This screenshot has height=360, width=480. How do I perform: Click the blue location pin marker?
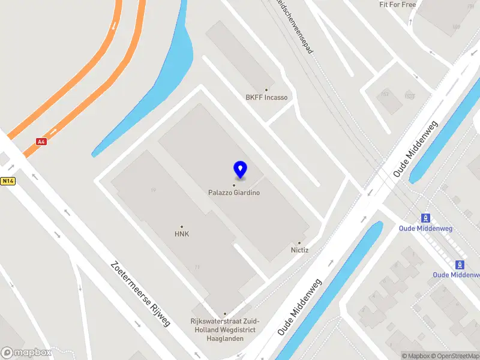coord(240,170)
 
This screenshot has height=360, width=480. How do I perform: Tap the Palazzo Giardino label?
coord(234,193)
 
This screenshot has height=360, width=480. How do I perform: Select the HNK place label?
coord(182,234)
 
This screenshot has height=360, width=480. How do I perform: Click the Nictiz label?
coord(299,250)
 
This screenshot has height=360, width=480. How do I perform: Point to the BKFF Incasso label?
coord(266,97)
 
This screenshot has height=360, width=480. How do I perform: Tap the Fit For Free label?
coord(397,5)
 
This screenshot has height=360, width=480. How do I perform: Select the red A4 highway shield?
coord(41,142)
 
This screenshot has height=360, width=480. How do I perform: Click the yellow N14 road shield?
coord(7,181)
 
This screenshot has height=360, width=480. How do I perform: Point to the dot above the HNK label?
coord(182,227)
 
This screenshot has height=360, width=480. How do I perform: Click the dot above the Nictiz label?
coord(299,243)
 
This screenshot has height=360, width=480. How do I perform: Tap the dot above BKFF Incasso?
coord(266,90)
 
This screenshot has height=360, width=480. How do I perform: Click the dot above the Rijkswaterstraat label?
coord(225,314)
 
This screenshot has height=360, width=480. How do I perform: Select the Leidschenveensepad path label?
coord(296,27)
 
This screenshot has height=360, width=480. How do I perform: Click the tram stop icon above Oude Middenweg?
coord(426,218)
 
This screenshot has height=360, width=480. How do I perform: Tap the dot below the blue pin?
coord(234,185)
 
